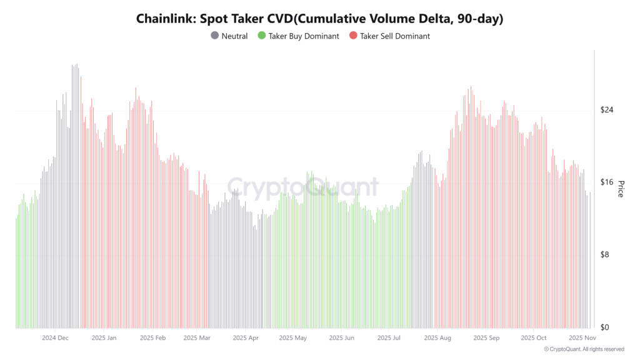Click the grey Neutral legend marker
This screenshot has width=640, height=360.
[215, 36]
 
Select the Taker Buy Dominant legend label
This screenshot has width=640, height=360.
[303, 36]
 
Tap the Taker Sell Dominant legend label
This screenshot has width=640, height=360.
[394, 36]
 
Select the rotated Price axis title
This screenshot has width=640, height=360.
[621, 188]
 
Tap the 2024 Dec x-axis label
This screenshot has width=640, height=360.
[55, 338]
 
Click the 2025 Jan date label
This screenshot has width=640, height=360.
[104, 338]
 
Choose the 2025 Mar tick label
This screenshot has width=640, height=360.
[197, 338]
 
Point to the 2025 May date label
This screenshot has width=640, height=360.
[292, 338]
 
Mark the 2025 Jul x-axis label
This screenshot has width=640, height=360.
[389, 338]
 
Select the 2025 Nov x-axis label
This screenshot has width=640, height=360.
[581, 338]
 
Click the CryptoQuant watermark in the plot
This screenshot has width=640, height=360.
[302, 187]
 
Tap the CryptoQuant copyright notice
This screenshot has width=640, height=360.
[584, 349]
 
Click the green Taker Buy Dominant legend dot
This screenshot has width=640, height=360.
[262, 36]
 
